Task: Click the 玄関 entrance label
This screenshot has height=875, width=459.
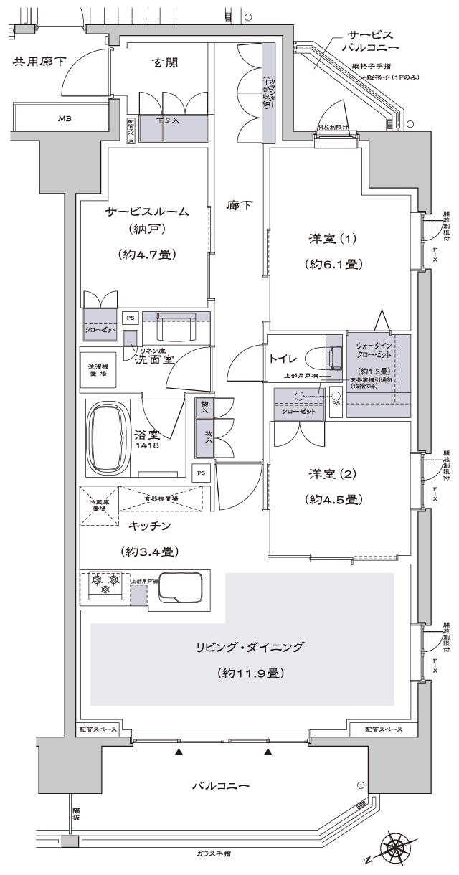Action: click(165, 63)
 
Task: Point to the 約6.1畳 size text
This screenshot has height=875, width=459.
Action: click(331, 263)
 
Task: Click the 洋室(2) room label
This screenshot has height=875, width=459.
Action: click(332, 475)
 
